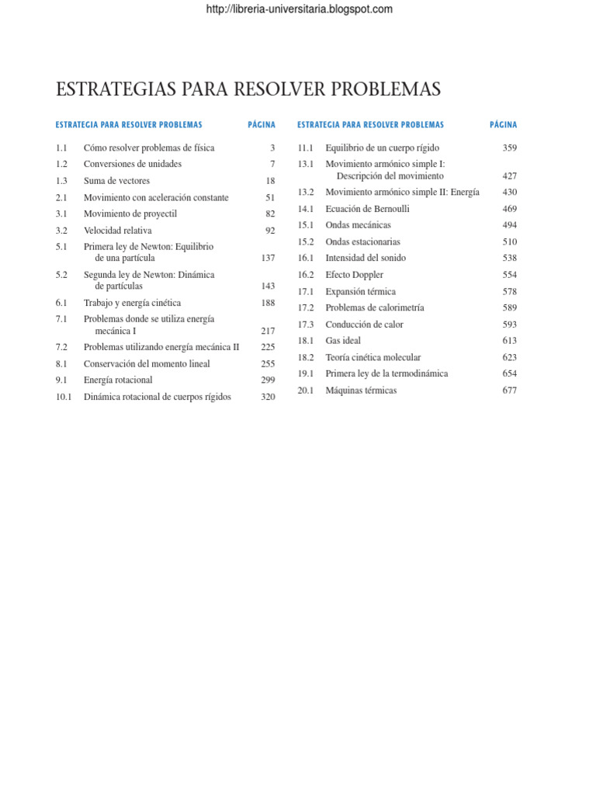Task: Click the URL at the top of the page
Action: (x=299, y=9)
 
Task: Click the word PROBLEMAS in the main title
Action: (x=386, y=89)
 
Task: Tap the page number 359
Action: (x=509, y=148)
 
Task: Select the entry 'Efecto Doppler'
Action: (x=354, y=275)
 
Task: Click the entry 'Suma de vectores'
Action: (x=116, y=181)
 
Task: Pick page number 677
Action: (x=509, y=391)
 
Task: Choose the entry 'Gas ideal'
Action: (x=343, y=341)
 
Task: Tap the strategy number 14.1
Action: (x=305, y=209)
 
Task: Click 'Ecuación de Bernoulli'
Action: (x=367, y=209)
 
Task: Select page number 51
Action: (x=270, y=198)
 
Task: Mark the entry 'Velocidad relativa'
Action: (x=118, y=231)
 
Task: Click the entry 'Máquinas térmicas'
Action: (x=361, y=391)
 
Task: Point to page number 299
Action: (x=268, y=380)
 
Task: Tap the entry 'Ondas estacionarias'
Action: (x=362, y=242)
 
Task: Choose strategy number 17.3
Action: (x=305, y=325)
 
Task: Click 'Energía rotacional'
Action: (x=118, y=380)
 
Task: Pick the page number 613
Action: (x=509, y=341)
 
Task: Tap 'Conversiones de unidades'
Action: (x=133, y=164)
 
